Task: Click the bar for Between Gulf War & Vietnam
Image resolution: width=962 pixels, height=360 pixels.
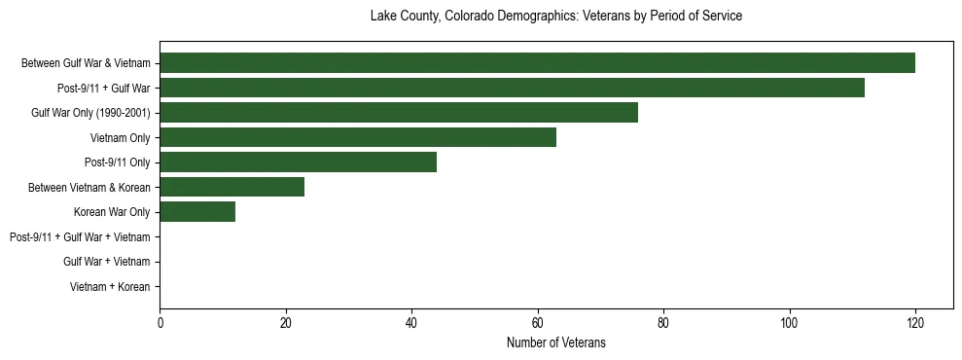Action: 537,63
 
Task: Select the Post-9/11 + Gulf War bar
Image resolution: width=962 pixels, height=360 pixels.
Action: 512,88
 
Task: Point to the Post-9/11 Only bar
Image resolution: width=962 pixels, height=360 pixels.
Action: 298,162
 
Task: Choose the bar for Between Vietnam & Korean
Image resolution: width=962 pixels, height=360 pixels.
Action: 232,187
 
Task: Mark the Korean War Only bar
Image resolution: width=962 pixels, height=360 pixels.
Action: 197,212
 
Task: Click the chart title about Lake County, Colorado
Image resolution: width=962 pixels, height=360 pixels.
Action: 556,17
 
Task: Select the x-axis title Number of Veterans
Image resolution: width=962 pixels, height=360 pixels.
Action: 556,342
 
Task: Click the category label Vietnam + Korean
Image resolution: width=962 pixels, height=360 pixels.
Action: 110,287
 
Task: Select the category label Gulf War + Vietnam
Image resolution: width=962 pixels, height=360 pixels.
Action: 107,262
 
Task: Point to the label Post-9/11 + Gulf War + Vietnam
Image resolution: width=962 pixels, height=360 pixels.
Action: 80,237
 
